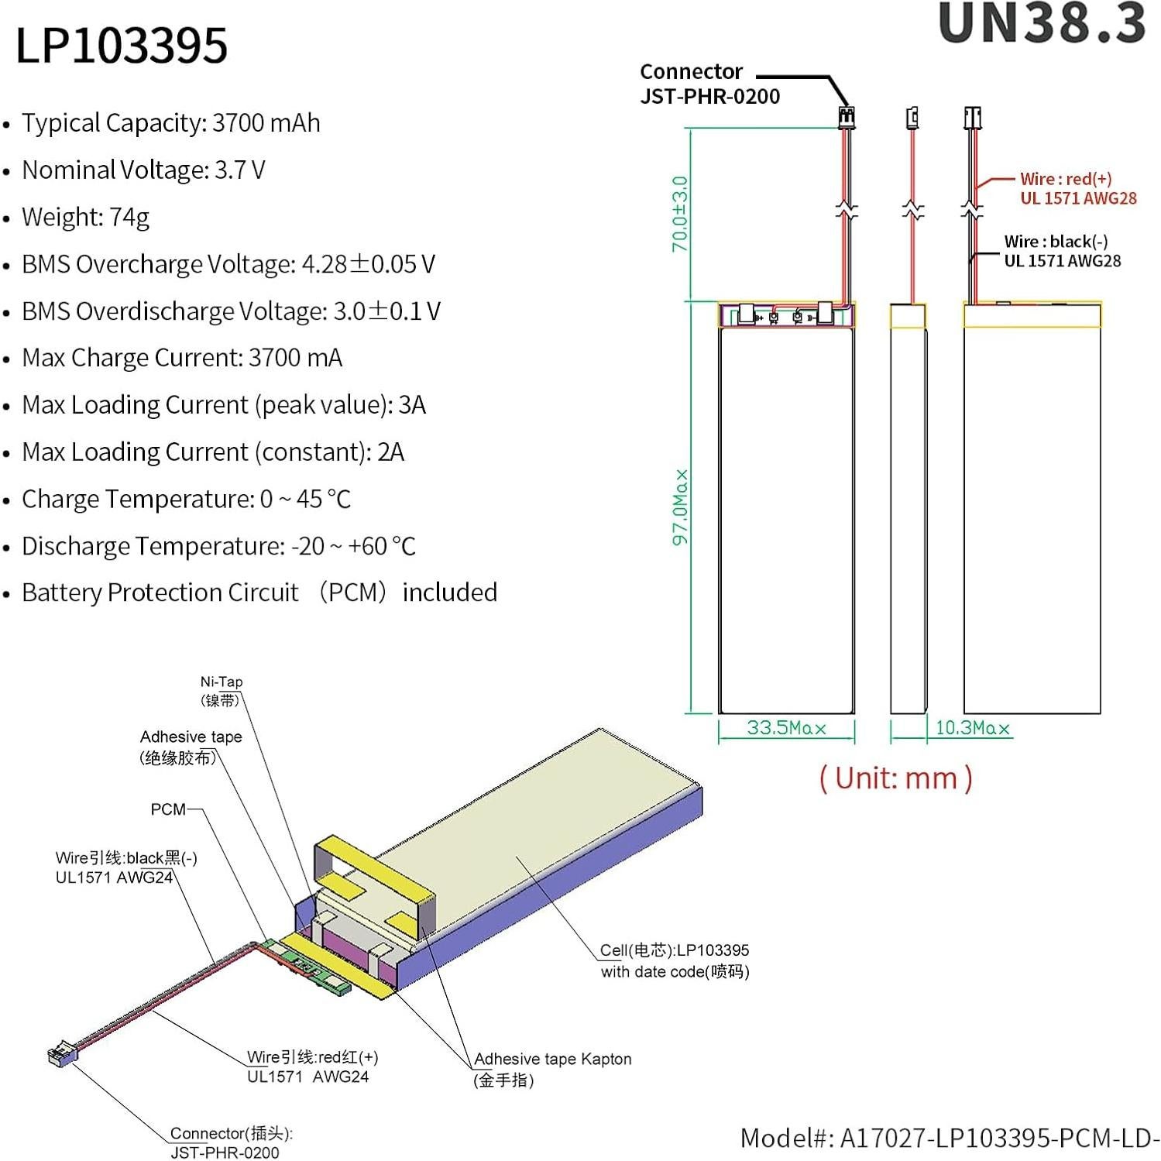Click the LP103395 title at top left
[x=122, y=45]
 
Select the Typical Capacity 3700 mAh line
[x=170, y=123]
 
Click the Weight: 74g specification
[x=85, y=217]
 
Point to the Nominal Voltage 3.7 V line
[x=143, y=170]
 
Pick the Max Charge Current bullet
[x=181, y=358]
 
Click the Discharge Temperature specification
[x=218, y=546]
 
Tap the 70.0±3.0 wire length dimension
[x=679, y=214]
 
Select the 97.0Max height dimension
[x=679, y=507]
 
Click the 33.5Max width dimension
[x=786, y=728]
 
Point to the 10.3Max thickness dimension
[x=972, y=728]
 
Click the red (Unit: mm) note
[x=895, y=778]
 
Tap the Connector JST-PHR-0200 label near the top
[x=709, y=84]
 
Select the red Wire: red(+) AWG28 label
[x=1077, y=188]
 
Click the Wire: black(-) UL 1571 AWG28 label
[x=1062, y=251]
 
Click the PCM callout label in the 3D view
[x=168, y=809]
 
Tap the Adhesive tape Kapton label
[x=551, y=1069]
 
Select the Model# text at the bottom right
[x=949, y=1138]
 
